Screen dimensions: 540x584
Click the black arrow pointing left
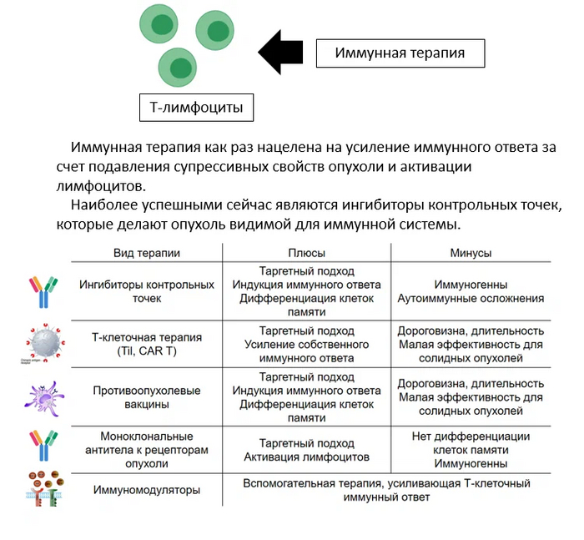(281, 53)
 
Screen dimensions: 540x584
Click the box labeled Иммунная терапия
(400, 54)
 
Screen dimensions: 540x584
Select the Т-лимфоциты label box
(196, 108)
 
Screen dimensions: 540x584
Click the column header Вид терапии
(147, 253)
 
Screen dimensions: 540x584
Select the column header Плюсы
(306, 253)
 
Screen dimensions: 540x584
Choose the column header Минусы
(471, 253)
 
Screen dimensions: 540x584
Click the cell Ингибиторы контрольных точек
(147, 291)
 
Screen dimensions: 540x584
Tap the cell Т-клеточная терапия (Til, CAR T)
(147, 344)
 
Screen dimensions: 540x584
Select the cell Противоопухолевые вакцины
(147, 396)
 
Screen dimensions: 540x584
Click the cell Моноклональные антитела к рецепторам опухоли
(147, 450)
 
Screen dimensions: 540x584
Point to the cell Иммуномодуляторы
(147, 490)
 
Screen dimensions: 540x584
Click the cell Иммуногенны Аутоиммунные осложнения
(471, 291)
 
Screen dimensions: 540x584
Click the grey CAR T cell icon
(41, 342)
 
